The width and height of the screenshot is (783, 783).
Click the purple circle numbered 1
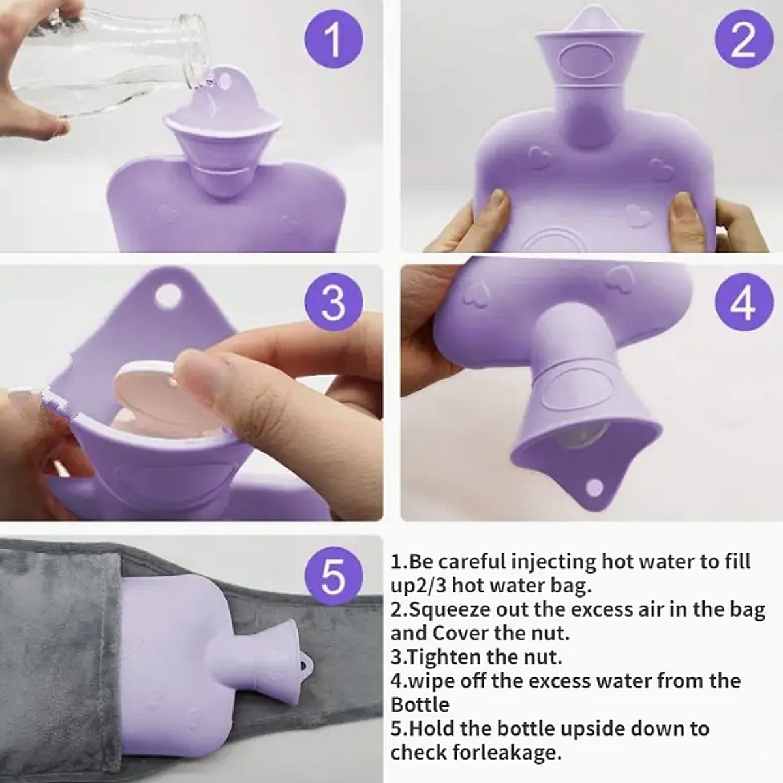click(x=334, y=38)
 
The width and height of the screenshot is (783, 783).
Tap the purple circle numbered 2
click(x=744, y=39)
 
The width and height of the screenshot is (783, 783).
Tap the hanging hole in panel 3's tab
click(x=168, y=293)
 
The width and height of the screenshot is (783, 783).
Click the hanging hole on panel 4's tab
click(x=595, y=487)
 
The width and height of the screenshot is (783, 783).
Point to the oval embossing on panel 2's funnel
click(x=589, y=61)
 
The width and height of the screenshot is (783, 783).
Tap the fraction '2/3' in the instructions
click(x=429, y=586)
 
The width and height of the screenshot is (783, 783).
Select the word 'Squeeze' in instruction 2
click(x=448, y=610)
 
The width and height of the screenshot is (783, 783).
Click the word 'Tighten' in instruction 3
click(x=445, y=658)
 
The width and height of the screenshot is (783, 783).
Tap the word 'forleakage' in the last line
click(x=507, y=752)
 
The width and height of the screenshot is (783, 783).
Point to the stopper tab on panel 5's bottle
click(x=305, y=664)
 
